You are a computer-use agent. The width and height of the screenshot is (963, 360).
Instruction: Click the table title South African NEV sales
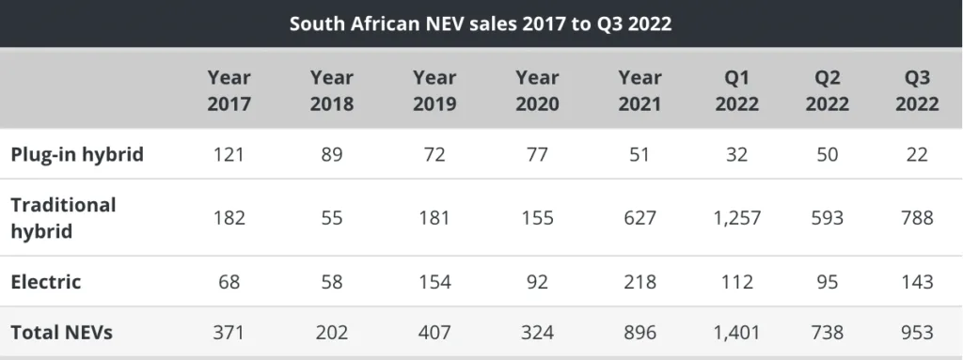481,23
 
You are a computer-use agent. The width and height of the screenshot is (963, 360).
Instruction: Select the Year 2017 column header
229,90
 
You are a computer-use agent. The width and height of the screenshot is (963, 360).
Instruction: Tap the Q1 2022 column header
736,90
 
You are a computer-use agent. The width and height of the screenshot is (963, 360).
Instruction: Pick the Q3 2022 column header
917,90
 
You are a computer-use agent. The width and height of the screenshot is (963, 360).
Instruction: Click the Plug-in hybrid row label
77,154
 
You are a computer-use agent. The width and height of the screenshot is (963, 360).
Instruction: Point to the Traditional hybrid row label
63,217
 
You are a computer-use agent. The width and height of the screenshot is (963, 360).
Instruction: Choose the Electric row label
46,282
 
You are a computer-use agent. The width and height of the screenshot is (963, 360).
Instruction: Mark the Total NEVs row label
62,333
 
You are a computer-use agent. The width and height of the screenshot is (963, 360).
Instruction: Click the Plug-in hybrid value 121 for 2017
229,154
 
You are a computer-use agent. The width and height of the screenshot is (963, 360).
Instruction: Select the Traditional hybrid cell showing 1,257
736,217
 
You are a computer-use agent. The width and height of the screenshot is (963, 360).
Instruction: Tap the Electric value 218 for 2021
639,282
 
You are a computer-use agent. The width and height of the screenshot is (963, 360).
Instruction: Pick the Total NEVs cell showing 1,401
736,333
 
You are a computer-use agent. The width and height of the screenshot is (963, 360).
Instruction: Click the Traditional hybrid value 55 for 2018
332,217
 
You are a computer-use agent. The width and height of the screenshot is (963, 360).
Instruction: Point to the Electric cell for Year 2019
434,282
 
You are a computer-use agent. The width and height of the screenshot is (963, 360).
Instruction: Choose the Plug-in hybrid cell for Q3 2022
917,154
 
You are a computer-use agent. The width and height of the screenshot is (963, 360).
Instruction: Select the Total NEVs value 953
917,333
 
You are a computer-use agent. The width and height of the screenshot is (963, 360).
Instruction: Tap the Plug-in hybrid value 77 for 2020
537,154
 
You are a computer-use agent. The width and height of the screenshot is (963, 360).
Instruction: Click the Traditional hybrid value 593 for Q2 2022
828,217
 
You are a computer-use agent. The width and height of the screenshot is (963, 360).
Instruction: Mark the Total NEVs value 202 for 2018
332,333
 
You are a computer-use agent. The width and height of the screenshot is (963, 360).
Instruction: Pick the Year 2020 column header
537,90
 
